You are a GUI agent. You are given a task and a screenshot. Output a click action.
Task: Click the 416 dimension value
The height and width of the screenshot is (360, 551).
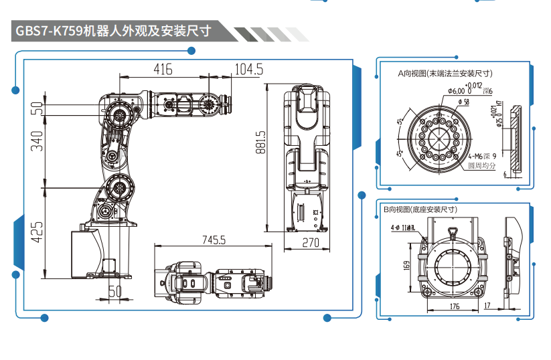pos(163,69)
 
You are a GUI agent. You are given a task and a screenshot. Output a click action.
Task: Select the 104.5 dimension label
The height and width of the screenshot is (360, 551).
pos(248,69)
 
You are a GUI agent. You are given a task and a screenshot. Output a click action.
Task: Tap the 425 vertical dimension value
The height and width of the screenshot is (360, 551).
pos(37,231)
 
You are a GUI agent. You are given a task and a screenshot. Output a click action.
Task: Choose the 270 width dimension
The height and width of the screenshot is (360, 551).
pos(311,243)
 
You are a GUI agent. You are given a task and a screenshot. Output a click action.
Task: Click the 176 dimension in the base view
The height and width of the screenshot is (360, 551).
pos(454,306)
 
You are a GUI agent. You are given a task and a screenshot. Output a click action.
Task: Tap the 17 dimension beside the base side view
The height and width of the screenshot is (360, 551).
pos(489,306)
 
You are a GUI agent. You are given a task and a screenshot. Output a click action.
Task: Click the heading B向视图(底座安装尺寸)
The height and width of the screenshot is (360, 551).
pos(420,209)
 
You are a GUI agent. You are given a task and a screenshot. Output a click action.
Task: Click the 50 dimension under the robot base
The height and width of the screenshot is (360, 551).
pos(115,291)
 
